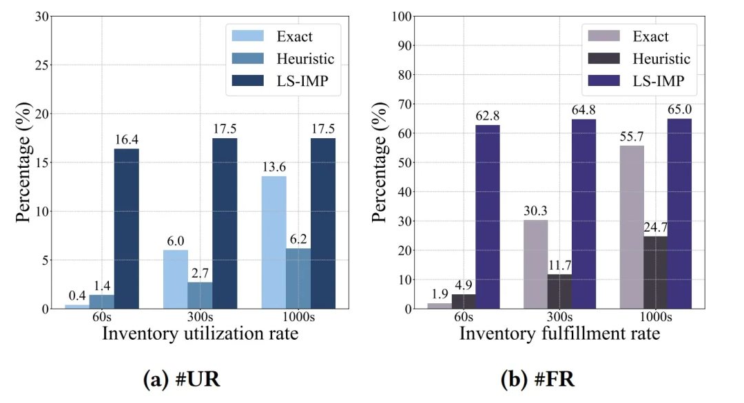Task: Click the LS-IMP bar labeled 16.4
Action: coord(127,228)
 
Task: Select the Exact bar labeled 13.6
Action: coord(274,242)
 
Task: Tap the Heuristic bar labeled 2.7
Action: coord(200,295)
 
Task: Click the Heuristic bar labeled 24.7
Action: coord(656,272)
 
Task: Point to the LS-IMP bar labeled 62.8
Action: coord(488,217)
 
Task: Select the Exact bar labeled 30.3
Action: coord(535,264)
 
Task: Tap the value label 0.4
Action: coord(77,296)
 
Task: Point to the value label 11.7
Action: coord(559,265)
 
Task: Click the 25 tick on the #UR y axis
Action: coord(45,65)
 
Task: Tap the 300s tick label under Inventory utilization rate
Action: coord(200,317)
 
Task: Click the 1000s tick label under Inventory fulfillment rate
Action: coord(657,317)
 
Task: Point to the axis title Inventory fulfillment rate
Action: coord(559,334)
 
